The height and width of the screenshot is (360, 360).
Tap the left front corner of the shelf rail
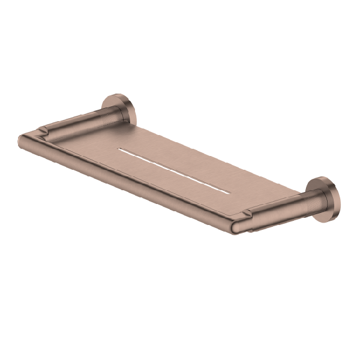tap(23, 140)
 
